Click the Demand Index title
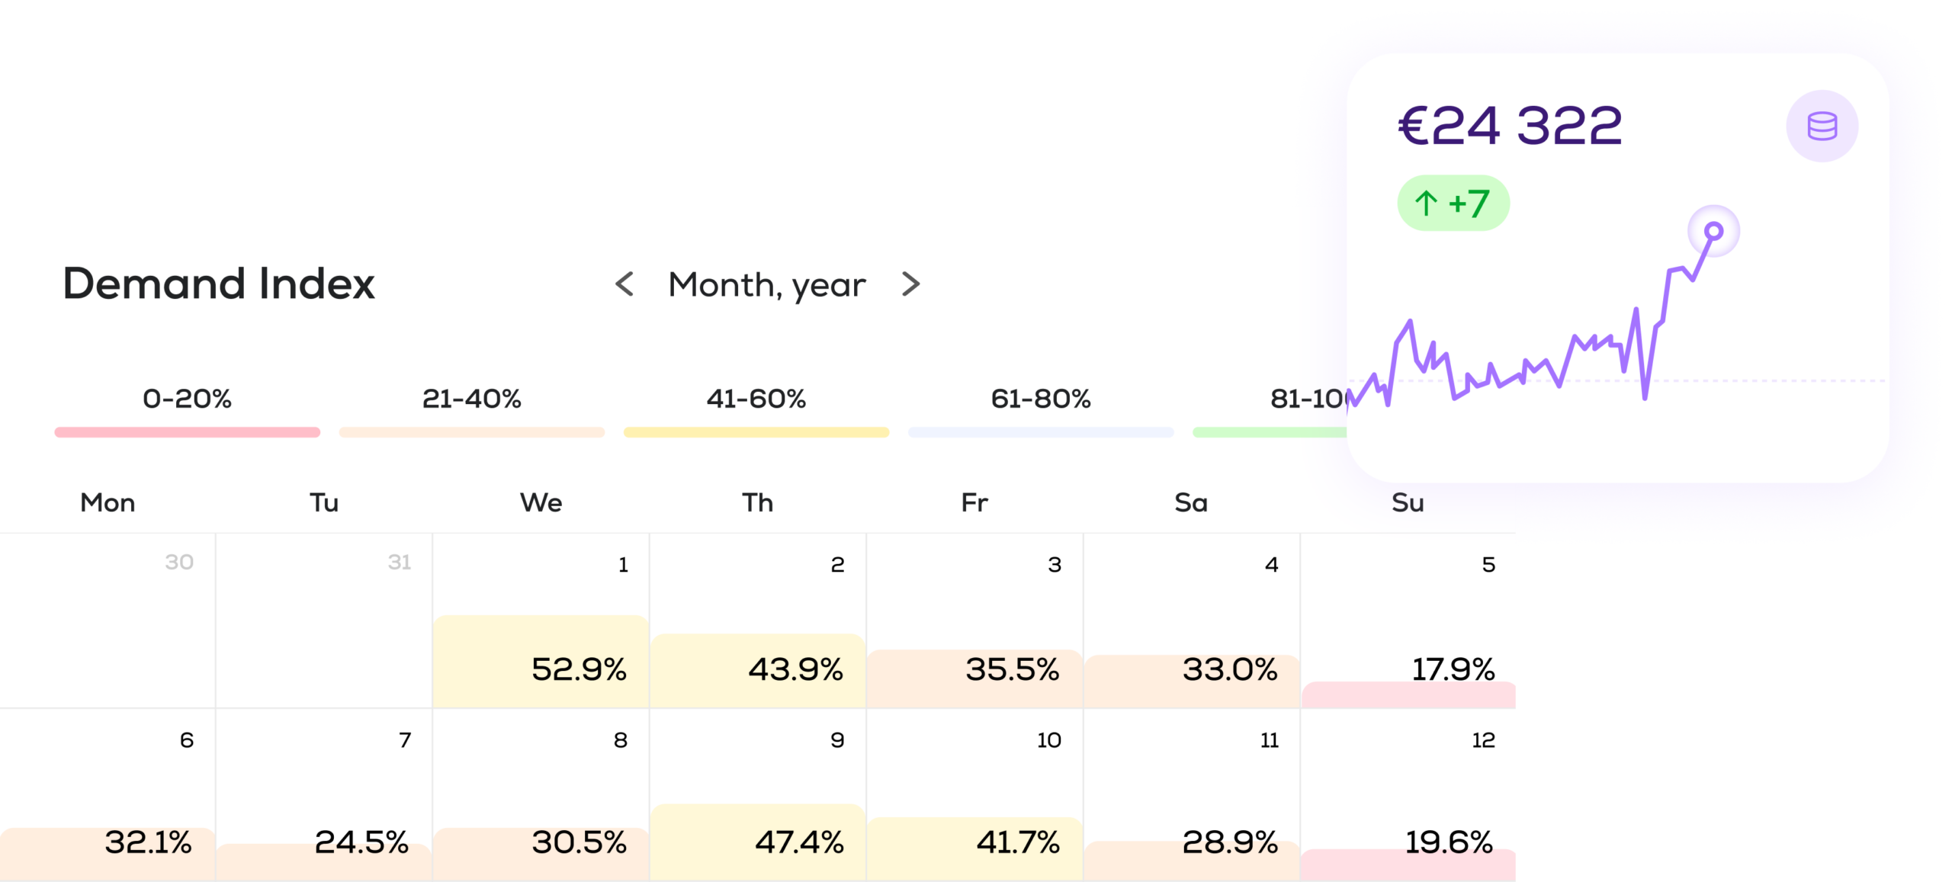tap(219, 284)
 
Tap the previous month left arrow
tap(624, 284)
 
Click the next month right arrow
tap(910, 284)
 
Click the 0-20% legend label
tap(187, 399)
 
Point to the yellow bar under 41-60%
tap(756, 432)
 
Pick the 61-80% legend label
tap(1040, 399)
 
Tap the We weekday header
tap(541, 503)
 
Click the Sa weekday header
tap(1190, 503)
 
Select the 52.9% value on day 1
tap(579, 670)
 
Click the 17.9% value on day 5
tap(1453, 670)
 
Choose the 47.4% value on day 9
tap(799, 842)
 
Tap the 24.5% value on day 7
tap(361, 842)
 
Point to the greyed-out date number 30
tap(179, 563)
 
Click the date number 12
tap(1483, 740)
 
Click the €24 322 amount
tap(1510, 126)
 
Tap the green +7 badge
tap(1453, 204)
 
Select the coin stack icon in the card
tap(1822, 127)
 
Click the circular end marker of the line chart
tap(1713, 231)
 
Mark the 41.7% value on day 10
tap(1018, 842)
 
